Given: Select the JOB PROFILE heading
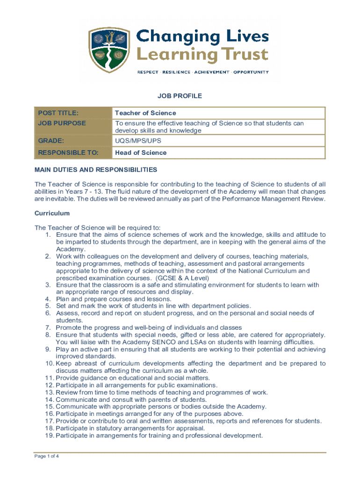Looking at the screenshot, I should point(180,96).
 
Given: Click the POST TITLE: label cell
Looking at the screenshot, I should point(58,113).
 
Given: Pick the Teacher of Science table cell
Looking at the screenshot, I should point(145,113).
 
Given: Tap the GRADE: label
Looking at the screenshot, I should point(51,140).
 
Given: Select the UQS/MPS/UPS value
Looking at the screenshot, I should point(139,140).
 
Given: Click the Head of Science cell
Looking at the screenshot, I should point(141,152).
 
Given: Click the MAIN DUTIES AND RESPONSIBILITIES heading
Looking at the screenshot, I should point(96,169).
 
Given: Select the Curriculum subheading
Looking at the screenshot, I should point(52,213).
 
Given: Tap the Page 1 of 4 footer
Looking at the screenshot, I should point(47,457).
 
